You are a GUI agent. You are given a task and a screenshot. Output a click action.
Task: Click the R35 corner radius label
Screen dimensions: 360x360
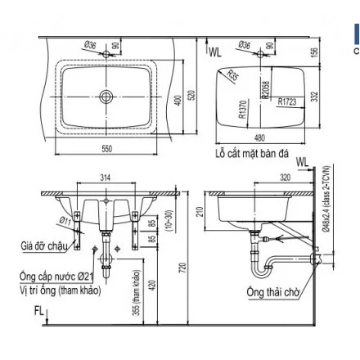234,77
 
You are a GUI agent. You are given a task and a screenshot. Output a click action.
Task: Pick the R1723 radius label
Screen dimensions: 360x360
286,101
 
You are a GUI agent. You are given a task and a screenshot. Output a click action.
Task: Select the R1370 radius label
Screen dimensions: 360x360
243,110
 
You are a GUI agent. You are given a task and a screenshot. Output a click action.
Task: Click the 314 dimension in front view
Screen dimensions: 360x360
104,178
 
